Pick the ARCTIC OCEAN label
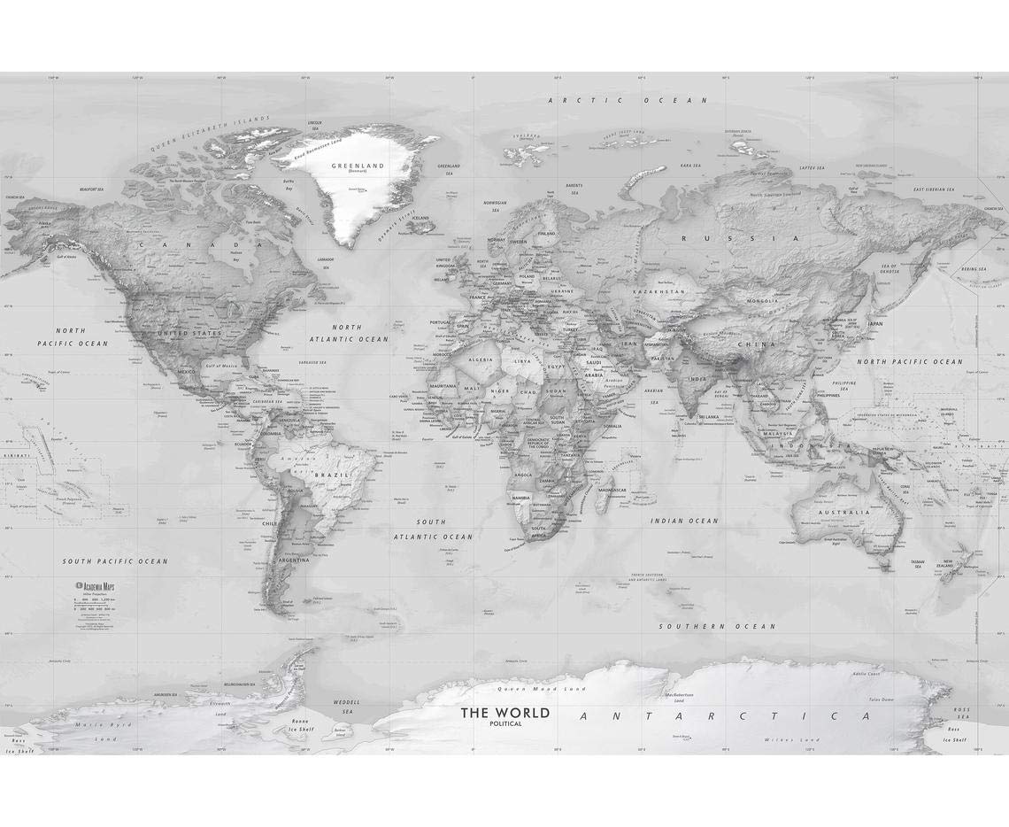click(611, 101)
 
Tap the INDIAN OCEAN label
click(684, 521)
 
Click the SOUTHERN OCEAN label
click(718, 626)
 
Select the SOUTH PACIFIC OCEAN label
click(115, 561)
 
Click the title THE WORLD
click(504, 713)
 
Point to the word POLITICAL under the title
click(504, 724)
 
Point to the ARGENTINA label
click(293, 560)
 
